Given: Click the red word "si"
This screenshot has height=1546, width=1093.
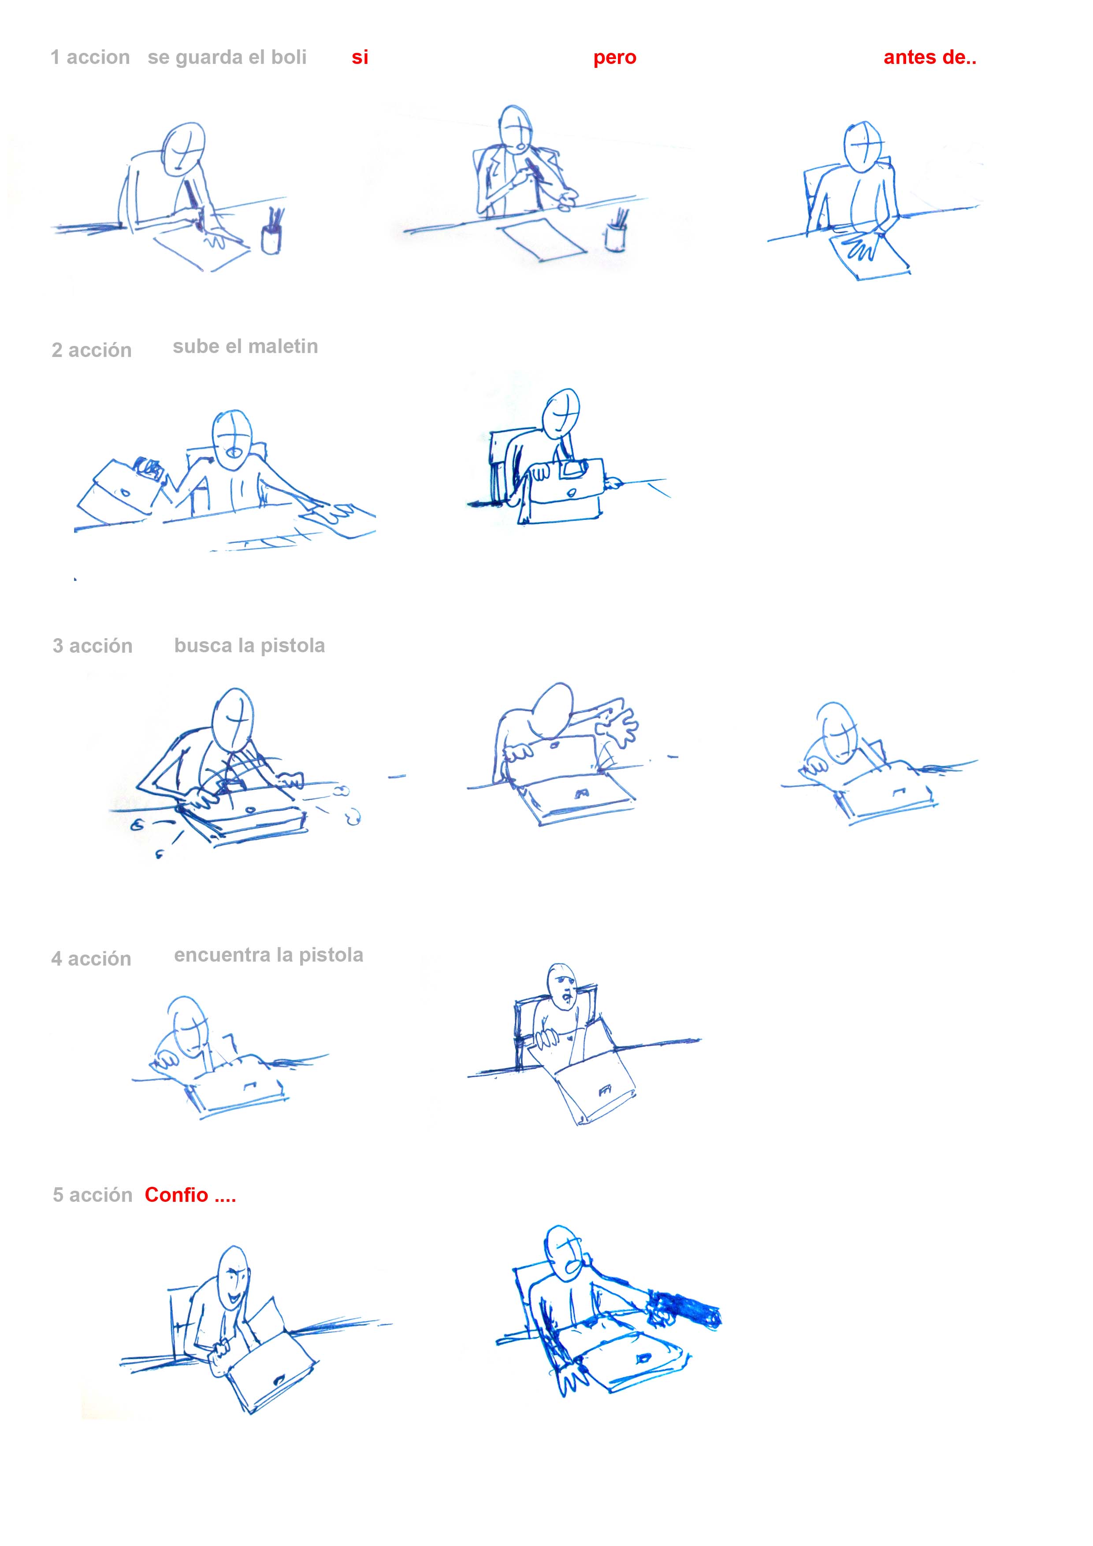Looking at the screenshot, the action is pyautogui.click(x=360, y=57).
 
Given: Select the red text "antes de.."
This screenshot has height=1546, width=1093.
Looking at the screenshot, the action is pyautogui.click(x=929, y=57).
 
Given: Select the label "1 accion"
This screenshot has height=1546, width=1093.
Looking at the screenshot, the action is pyautogui.click(x=90, y=57).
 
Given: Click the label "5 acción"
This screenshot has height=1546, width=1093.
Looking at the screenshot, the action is pyautogui.click(x=92, y=1195).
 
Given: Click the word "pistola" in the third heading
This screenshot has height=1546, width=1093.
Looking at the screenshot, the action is pyautogui.click(x=293, y=646).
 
